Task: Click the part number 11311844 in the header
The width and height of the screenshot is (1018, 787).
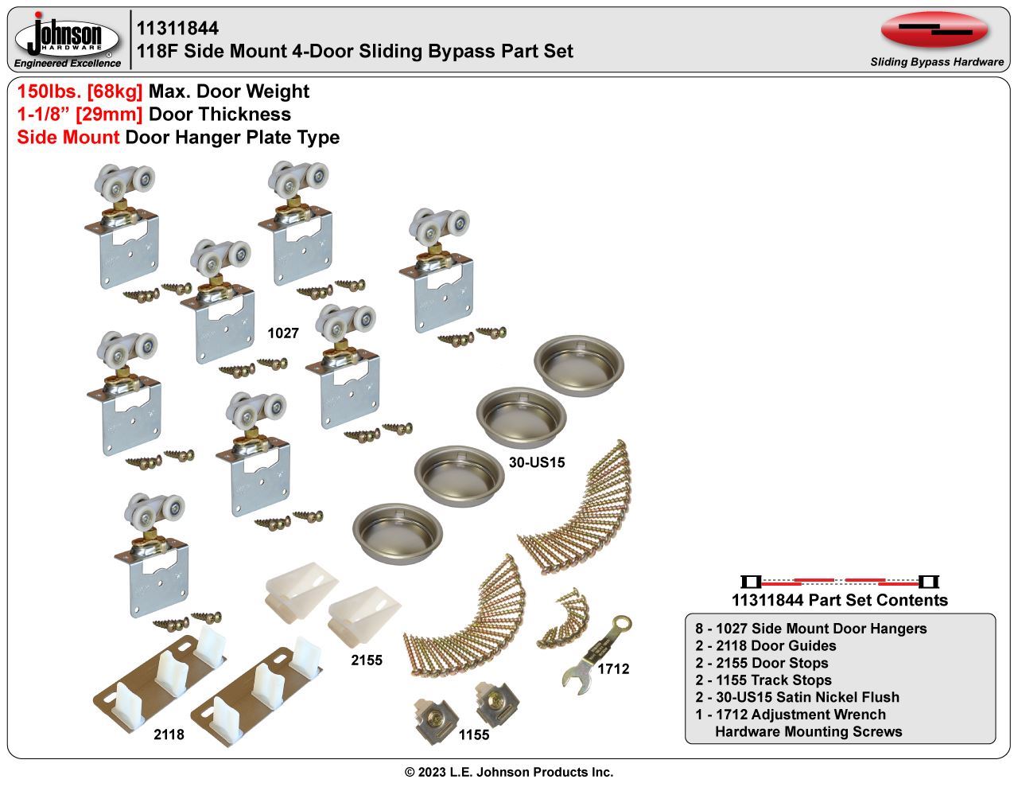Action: tap(177, 29)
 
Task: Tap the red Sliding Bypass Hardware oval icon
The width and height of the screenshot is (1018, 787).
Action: tap(934, 31)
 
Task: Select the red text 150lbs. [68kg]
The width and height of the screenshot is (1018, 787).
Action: tap(80, 92)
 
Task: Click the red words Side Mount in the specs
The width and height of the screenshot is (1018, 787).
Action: tap(68, 138)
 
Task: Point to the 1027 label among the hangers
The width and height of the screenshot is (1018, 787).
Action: tap(282, 333)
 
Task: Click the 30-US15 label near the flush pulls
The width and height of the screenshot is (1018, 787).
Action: tap(537, 462)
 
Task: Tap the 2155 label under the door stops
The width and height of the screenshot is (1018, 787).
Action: tap(367, 660)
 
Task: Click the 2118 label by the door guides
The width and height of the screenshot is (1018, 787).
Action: tap(169, 734)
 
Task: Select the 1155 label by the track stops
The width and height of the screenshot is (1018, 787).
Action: tap(474, 734)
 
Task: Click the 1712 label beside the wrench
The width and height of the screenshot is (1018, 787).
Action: tap(613, 669)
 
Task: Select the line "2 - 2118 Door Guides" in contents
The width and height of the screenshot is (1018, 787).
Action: tap(766, 645)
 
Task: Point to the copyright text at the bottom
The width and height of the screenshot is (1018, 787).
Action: tap(509, 772)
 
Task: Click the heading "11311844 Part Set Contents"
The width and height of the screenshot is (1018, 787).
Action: tap(839, 600)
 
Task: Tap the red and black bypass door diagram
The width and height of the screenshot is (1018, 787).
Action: tap(839, 581)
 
